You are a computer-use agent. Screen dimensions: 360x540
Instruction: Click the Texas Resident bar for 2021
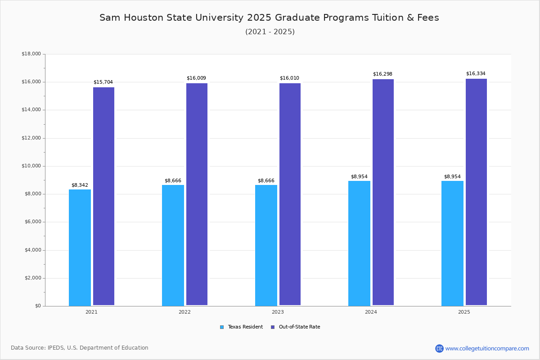pos(80,247)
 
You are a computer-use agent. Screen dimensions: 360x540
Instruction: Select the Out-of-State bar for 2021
pos(103,196)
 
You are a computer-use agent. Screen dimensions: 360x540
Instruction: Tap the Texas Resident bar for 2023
pos(266,245)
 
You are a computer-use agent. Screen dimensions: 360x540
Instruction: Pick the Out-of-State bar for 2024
pos(383,192)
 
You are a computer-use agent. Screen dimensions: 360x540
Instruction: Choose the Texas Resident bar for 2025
pos(452,243)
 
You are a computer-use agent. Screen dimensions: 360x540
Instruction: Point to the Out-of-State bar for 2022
pos(197,194)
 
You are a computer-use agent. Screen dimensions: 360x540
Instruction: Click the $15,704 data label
pos(103,82)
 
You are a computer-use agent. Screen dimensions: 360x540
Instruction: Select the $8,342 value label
pos(80,185)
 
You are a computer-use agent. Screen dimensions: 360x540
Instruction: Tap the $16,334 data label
pos(476,74)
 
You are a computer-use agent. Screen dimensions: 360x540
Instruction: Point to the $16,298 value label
pos(382,74)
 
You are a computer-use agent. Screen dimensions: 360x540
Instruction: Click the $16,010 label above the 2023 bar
pos(289,78)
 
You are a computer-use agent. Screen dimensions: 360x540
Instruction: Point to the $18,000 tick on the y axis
pos(31,54)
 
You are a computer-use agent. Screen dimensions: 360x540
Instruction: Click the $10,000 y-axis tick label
pos(31,166)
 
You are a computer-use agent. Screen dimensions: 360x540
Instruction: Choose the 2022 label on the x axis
pos(184,312)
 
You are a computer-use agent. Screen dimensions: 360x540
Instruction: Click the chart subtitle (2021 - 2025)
pos(270,32)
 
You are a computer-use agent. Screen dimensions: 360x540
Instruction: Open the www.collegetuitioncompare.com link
pos(487,348)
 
